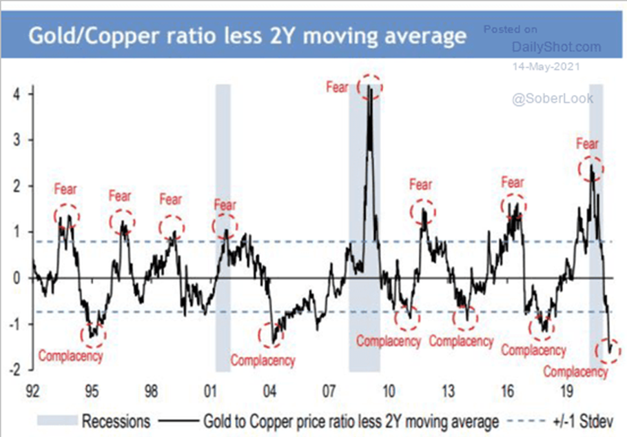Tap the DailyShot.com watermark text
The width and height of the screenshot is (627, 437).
click(556, 48)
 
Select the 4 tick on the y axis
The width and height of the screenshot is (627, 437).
click(13, 93)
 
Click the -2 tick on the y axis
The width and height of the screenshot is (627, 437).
click(11, 370)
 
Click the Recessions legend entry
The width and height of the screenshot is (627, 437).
click(114, 419)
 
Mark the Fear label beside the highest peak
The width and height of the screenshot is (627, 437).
click(338, 88)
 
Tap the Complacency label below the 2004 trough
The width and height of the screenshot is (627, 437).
click(263, 360)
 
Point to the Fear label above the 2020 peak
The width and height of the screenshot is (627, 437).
click(587, 144)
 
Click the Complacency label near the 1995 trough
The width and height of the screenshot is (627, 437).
click(70, 356)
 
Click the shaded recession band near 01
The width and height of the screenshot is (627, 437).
click(223, 227)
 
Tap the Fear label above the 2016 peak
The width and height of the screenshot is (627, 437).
click(512, 183)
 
